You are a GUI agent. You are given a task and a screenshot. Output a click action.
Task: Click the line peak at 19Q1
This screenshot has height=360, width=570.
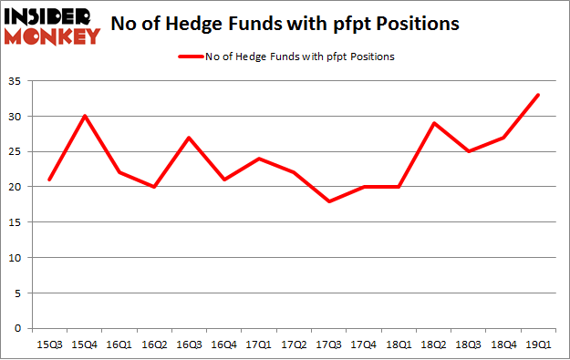pos(538,95)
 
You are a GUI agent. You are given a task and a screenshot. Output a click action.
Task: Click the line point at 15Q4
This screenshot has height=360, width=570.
pos(85,116)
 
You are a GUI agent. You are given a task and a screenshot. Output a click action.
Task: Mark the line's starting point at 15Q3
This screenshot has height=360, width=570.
pos(48,180)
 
